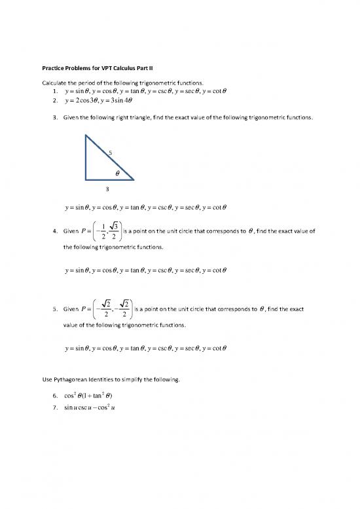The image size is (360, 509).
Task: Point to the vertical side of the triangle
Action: [x=86, y=157]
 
